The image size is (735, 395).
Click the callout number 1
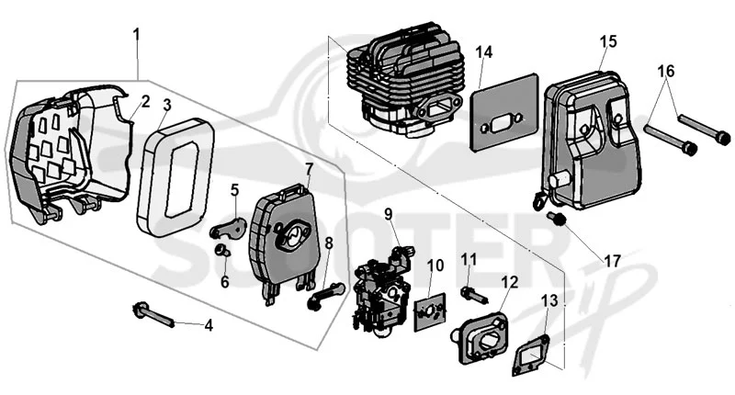point(136,35)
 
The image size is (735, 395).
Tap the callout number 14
point(485,52)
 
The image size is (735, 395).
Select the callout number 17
point(612,262)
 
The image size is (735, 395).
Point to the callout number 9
point(388,214)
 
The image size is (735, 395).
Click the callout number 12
point(510,282)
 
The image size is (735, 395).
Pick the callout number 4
point(209,325)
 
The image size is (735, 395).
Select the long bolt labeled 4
point(154,316)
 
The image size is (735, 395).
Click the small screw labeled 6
point(222,251)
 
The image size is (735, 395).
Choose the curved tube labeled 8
point(326,296)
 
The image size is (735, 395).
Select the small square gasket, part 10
point(429,311)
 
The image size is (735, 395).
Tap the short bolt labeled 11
point(474,294)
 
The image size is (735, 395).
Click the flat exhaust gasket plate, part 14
point(504,112)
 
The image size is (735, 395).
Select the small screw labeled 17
point(556,218)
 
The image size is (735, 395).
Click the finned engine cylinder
point(405,80)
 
